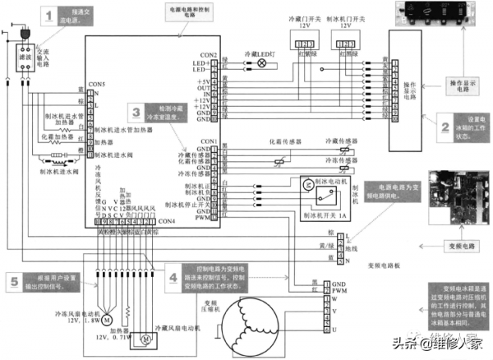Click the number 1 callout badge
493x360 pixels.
coord(52,16)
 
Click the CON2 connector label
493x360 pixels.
coord(210,55)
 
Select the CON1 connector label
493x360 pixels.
coord(210,141)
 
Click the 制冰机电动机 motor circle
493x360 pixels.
coord(306,182)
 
